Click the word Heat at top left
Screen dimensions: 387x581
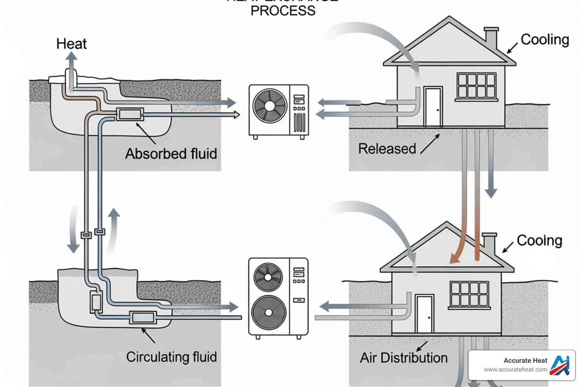pos(71,44)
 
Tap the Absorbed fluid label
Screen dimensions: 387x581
pos(171,154)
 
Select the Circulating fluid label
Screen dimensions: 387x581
pos(171,357)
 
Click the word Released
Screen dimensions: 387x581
pos(387,149)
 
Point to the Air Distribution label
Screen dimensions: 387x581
pos(404,358)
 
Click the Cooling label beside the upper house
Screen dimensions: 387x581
pos(545,40)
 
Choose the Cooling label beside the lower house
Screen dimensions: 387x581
pos(539,240)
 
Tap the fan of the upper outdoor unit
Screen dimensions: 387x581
pos(270,106)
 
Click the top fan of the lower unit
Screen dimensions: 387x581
pos(268,277)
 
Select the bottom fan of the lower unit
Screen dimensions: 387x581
pos(268,313)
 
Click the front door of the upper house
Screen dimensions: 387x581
pos(433,107)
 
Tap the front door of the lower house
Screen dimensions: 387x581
pos(424,314)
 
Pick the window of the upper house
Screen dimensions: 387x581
pos(476,86)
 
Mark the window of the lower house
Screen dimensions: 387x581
pos(469,294)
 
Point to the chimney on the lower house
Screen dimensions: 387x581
pos(489,244)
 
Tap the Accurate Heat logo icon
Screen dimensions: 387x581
pos(559,365)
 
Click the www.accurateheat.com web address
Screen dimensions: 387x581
pos(515,370)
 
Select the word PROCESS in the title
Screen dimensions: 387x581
pos(283,11)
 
